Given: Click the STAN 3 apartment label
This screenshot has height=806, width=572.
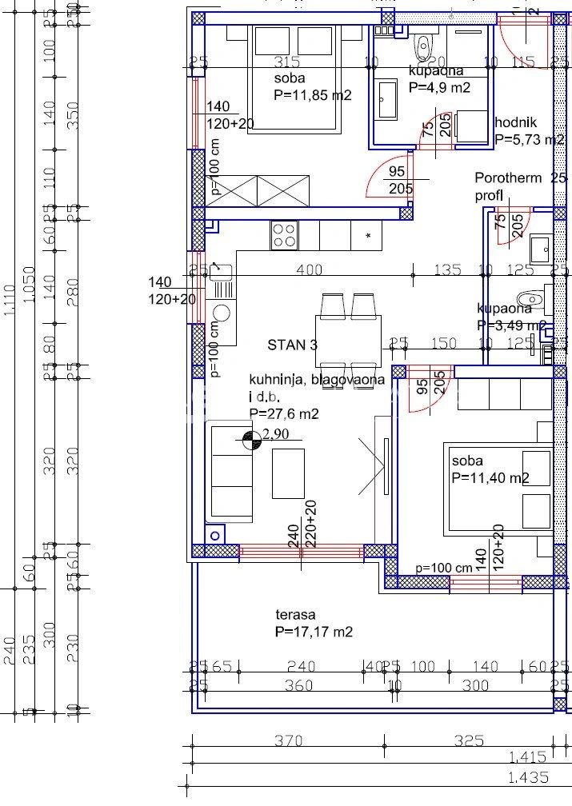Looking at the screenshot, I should [x=292, y=345].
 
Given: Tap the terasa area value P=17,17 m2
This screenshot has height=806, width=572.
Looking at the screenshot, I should [x=314, y=632].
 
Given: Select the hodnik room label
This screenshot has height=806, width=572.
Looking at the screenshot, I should [x=516, y=122].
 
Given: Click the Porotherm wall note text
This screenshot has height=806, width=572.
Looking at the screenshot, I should [x=508, y=178].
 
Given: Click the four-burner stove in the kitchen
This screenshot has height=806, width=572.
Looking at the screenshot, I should [x=284, y=235].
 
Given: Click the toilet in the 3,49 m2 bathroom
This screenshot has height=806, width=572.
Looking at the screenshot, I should [x=532, y=298].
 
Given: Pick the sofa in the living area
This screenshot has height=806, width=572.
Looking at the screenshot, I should [x=230, y=472].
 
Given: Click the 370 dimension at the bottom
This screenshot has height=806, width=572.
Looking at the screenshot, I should [x=289, y=741].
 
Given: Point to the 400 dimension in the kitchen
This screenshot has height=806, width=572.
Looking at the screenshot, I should [x=310, y=270].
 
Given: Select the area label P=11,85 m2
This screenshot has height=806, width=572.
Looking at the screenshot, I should [x=313, y=95].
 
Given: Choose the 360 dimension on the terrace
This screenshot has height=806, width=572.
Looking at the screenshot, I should [x=298, y=686].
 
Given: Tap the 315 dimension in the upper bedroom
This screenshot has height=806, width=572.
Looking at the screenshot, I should [x=286, y=62].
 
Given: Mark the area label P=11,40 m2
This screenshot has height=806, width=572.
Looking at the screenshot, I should [x=490, y=478].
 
